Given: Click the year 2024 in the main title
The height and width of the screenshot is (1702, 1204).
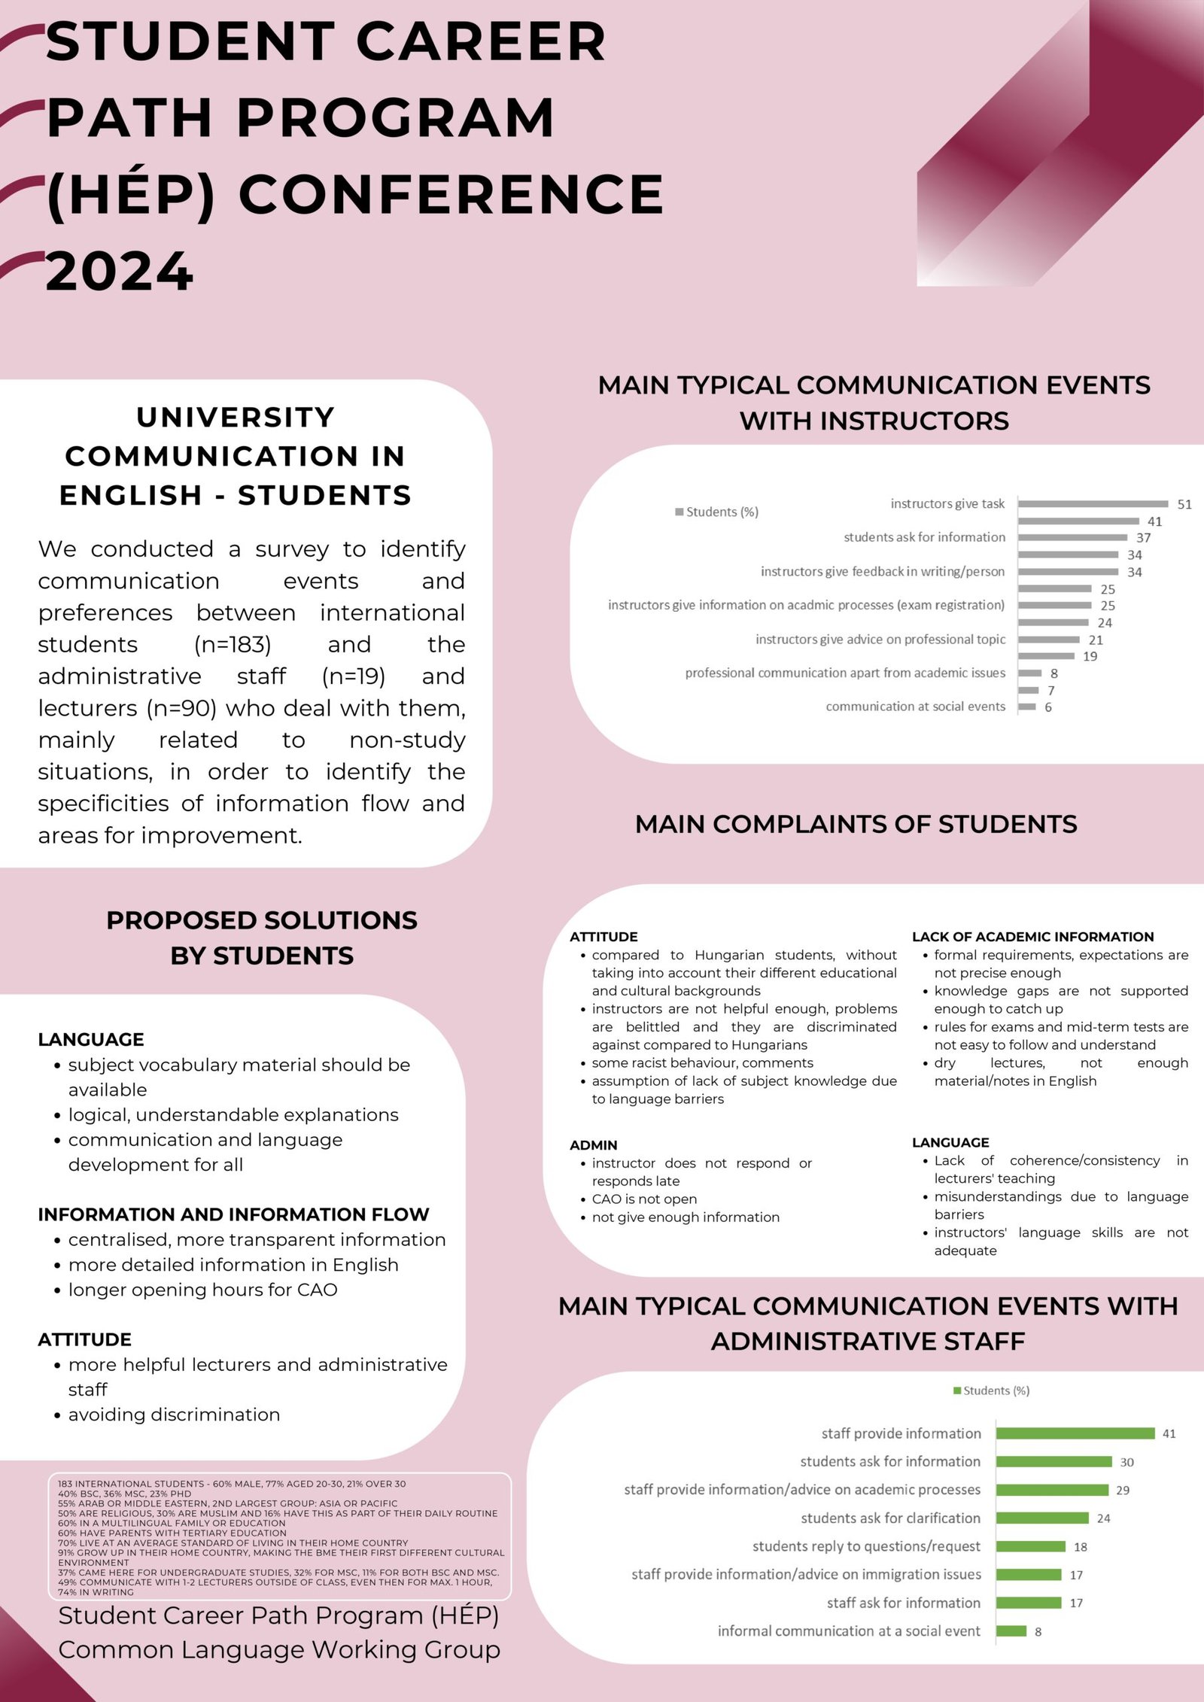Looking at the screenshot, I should (120, 272).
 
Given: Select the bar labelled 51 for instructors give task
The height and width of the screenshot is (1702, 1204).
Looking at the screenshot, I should (1093, 504).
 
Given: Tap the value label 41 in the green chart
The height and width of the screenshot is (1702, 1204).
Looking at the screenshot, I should (1169, 1434).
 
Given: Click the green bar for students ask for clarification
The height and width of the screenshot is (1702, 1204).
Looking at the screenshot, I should (1042, 1518).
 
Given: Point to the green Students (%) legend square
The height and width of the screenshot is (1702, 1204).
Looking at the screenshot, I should (957, 1390).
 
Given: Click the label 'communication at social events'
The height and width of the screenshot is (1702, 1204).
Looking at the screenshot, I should (915, 707).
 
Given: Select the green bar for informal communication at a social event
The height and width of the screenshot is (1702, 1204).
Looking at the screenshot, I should (1011, 1631).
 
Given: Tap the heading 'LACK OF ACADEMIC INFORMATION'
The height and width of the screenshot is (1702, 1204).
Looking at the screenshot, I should (1032, 937).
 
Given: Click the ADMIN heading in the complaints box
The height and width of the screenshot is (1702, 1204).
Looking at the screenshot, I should (593, 1145).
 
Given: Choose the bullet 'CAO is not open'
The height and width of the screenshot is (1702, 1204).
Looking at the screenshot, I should (644, 1199).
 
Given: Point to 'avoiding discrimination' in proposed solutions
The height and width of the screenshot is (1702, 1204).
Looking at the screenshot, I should (174, 1415).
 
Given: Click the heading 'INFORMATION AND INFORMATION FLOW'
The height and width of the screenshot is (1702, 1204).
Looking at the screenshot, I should (233, 1214).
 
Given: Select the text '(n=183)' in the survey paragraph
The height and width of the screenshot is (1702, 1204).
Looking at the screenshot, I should (233, 645).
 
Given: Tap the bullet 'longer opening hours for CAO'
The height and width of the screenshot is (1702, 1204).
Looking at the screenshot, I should (202, 1290).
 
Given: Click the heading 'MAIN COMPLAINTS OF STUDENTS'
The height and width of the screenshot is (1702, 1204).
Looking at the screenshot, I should (856, 825).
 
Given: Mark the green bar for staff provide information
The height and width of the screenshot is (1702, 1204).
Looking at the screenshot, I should (1075, 1433).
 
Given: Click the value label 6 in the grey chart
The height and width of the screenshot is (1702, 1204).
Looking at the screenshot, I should (1048, 707).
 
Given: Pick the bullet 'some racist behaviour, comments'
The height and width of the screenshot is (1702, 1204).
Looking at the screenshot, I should (702, 1063).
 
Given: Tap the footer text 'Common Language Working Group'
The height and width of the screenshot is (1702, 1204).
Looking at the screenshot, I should (279, 1650).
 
